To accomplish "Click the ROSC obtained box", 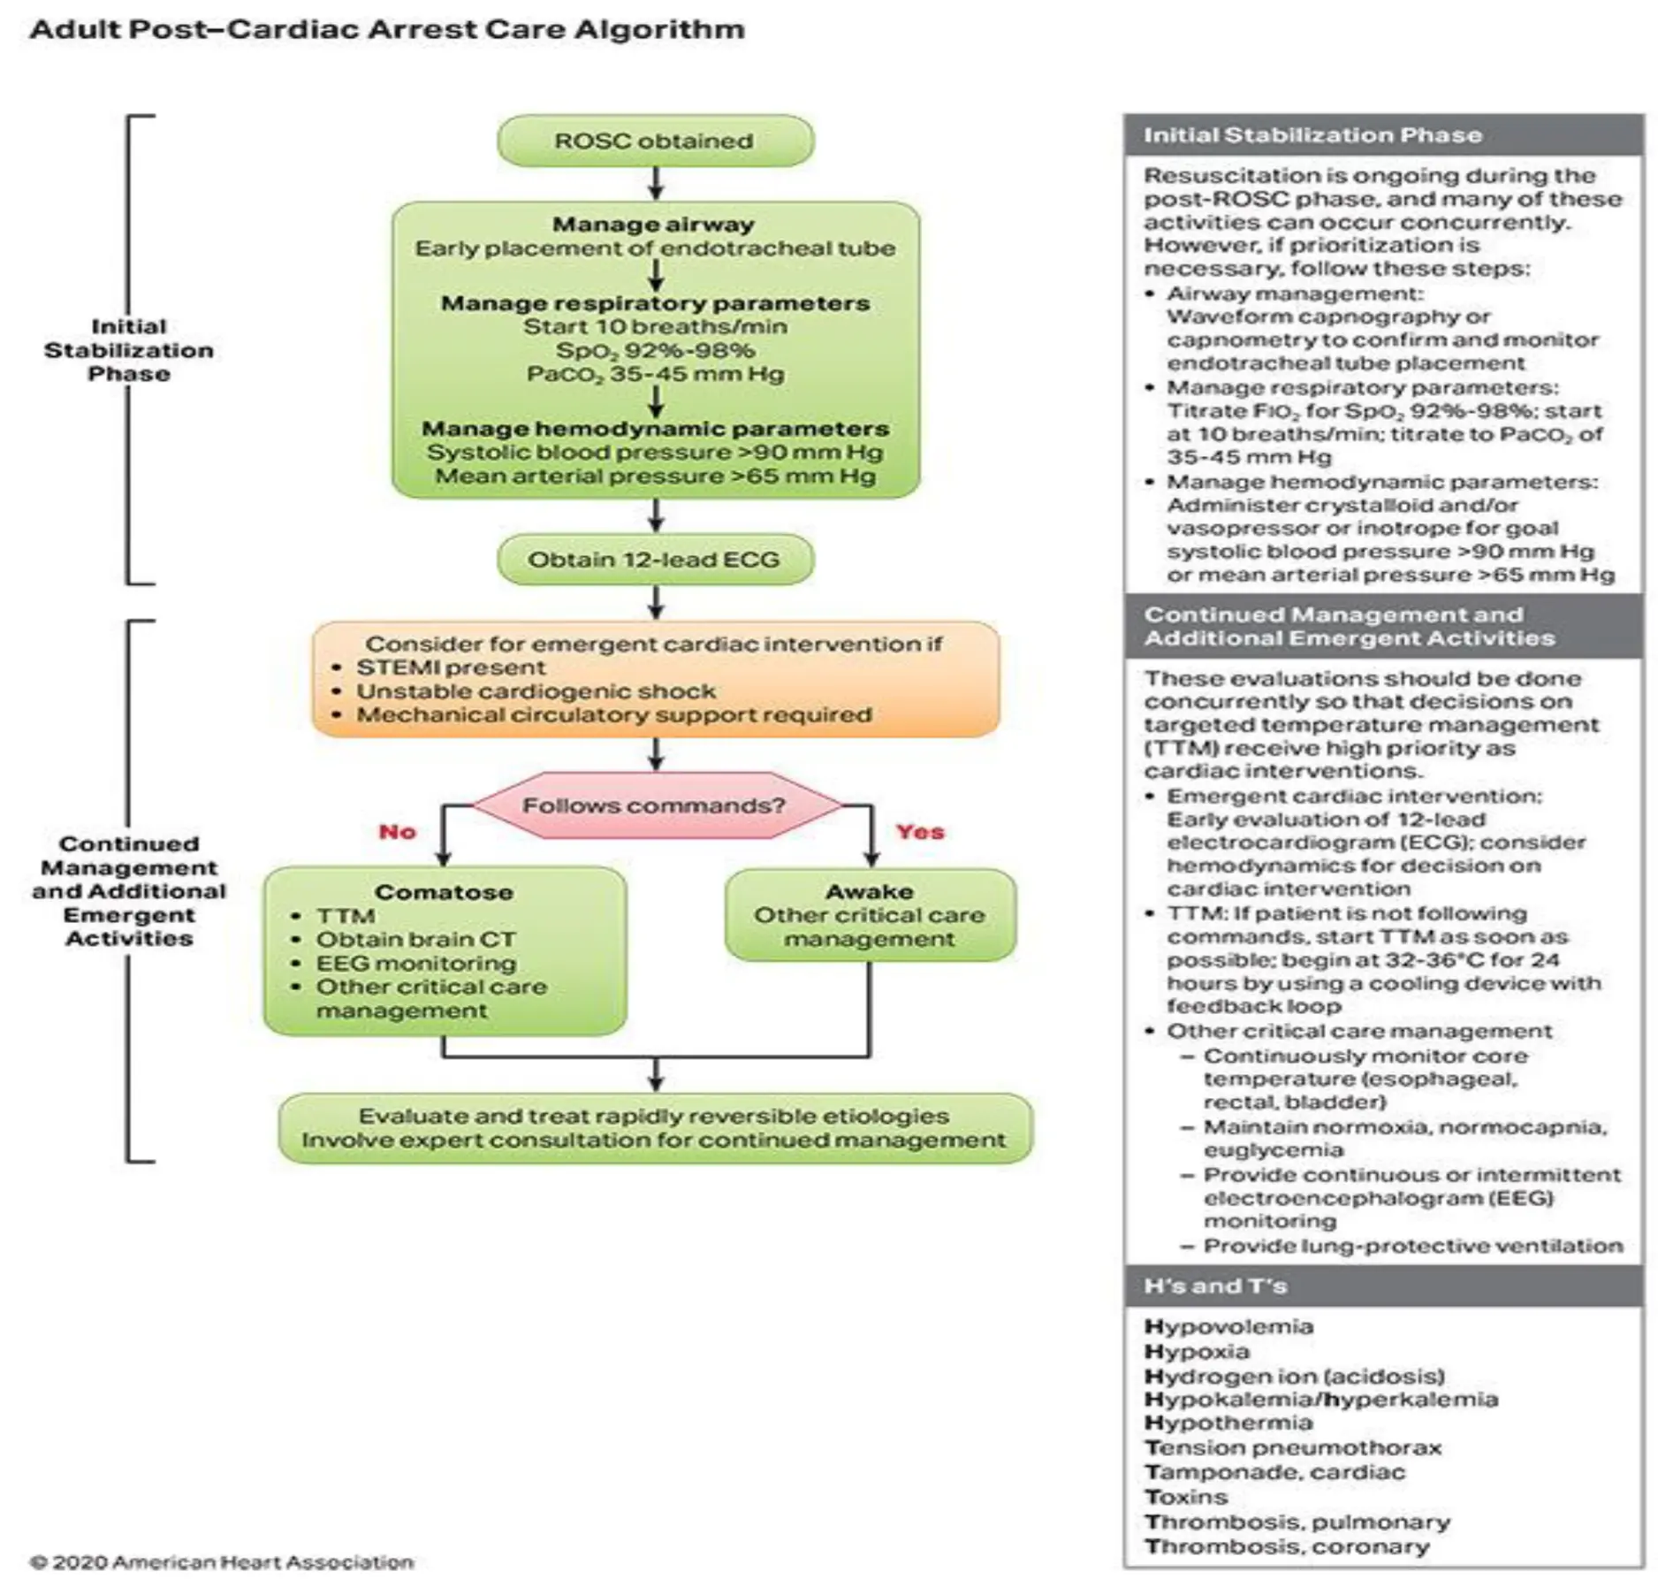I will pos(655,141).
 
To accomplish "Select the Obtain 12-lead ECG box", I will pos(655,560).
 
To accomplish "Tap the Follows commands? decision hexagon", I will pos(655,805).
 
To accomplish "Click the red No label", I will pos(398,832).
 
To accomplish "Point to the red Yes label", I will pos(920,832).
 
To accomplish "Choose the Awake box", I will pos(870,915).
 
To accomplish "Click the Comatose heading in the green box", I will pos(445,892).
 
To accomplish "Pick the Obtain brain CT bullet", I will pos(416,940).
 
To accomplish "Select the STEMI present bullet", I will pos(451,667).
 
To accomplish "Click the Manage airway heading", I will pos(654,225).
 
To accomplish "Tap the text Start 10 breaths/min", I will pos(655,326).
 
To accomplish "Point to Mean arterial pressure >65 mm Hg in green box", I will pos(655,476).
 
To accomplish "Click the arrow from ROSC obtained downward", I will pos(656,183).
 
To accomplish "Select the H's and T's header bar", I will pos(1383,1285).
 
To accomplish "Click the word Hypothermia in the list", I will pos(1228,1423).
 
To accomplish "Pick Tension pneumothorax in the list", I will pos(1293,1447).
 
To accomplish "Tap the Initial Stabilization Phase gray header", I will pos(1383,135).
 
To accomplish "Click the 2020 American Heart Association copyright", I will pos(222,1562).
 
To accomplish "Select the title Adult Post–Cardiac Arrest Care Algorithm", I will pos(387,29).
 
